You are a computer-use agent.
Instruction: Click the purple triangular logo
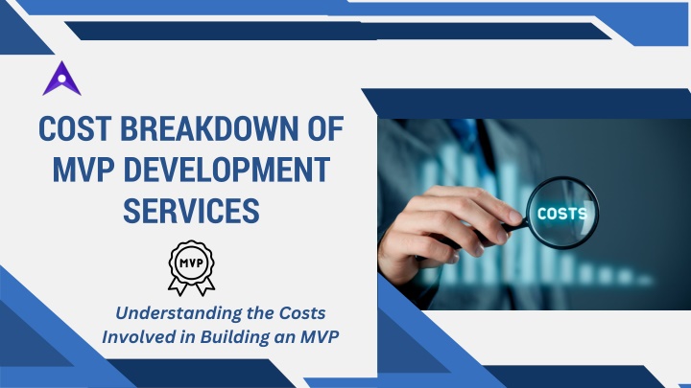[61, 80]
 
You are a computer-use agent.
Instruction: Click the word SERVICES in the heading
[191, 211]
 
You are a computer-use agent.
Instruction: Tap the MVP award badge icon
[191, 268]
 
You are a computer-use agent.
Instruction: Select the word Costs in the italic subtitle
[302, 312]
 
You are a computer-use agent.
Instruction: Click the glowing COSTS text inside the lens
[562, 214]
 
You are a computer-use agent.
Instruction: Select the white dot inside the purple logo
[61, 79]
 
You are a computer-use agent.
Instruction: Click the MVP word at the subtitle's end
[320, 337]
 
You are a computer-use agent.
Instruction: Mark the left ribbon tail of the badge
[179, 287]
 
